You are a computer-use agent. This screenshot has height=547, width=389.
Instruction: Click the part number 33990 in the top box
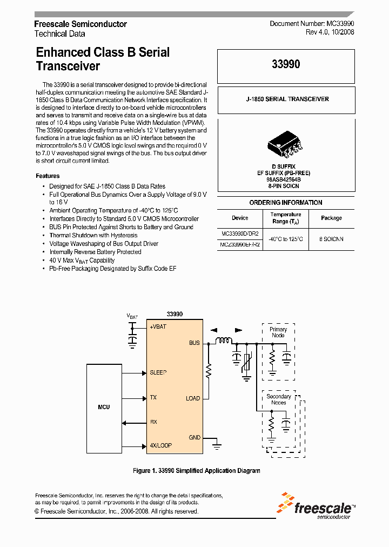coord(286,64)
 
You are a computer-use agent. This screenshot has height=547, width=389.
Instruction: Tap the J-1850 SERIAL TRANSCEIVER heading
coord(286,99)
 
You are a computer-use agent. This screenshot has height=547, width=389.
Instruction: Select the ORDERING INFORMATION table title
coord(286,203)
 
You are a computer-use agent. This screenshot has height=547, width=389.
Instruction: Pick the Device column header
coord(240,218)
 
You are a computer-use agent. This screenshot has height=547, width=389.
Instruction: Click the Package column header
coord(331,218)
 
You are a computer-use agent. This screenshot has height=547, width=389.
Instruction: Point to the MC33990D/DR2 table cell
coord(240,234)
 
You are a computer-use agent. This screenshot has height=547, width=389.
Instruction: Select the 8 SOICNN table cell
coord(331,238)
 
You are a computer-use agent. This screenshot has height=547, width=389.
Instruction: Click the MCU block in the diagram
coord(104,406)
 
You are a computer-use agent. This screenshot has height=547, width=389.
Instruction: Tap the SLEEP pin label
coord(158,372)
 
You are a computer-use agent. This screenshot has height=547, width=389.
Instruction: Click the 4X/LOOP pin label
coord(160,445)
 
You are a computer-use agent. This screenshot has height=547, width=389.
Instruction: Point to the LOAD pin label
coord(193,398)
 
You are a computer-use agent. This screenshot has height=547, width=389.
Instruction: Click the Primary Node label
coord(278,332)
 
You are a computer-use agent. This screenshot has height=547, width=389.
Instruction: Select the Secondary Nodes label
coord(279,399)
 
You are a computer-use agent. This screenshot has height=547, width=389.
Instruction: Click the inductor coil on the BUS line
coord(224,341)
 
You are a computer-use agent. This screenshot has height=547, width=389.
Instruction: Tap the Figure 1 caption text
coord(196,471)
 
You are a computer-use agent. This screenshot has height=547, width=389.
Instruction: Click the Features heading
coord(48,176)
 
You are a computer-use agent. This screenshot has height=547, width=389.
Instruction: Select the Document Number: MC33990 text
coord(312,24)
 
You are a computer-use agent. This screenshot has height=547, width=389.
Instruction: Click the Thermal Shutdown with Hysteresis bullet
coord(93,235)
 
